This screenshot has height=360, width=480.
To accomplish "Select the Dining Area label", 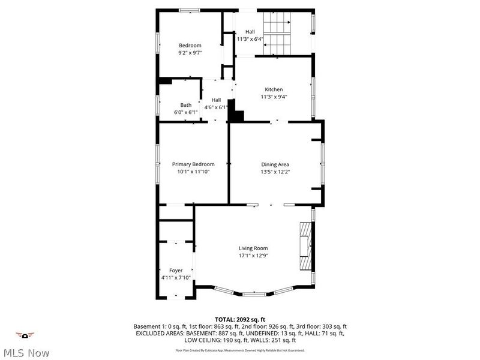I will tap(275, 164).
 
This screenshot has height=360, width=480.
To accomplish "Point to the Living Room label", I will tap(253, 248).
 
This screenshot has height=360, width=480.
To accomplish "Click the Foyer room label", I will tap(175, 270).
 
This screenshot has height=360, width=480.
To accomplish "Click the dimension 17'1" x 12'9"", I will tap(253, 255).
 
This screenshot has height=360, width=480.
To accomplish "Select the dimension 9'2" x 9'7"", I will tap(190, 52).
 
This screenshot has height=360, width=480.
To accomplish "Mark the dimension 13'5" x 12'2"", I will tap(275, 171).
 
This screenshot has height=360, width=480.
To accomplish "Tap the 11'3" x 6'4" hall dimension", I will tap(250, 39).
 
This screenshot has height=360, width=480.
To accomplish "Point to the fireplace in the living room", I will tap(307, 247).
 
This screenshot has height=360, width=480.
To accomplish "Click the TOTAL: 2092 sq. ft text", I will tap(240, 319).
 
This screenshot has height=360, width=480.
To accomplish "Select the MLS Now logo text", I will tap(26, 353).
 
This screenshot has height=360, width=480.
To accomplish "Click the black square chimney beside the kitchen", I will tap(236, 116).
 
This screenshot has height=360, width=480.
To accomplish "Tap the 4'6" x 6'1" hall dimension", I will tap(216, 107).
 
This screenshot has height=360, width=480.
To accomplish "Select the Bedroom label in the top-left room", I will tap(190, 45).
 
